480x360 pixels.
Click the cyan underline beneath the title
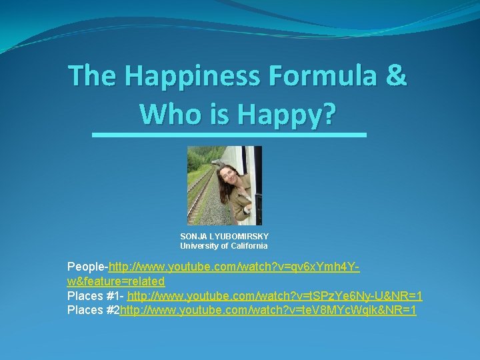point(229,135)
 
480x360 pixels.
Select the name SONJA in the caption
point(194,237)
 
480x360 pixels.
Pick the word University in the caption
point(199,246)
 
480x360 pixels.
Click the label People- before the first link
point(87,268)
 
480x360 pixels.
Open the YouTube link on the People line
point(234,268)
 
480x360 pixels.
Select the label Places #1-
point(96,295)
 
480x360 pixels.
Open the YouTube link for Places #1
point(275,295)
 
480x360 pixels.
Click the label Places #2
point(93,310)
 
